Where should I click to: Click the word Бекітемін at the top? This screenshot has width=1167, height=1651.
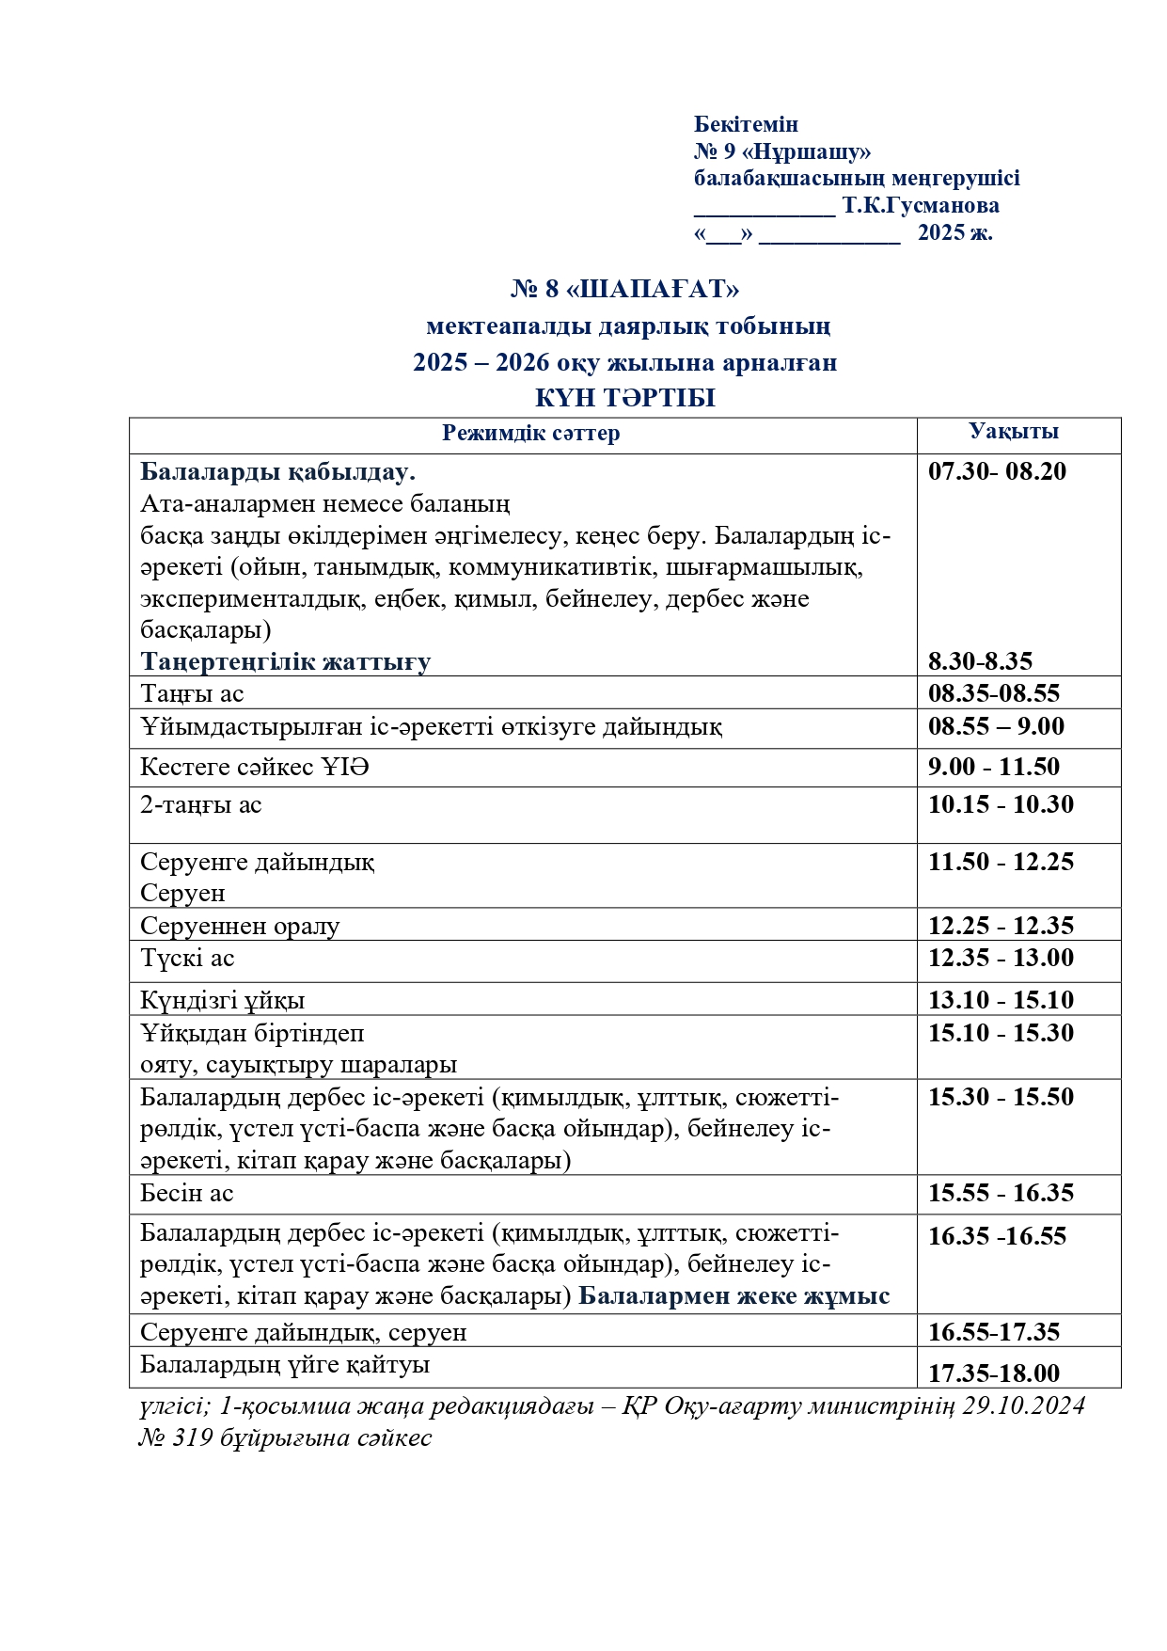[x=746, y=124]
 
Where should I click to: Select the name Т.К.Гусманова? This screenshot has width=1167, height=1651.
[x=921, y=205]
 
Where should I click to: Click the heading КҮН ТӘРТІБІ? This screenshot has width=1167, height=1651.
[x=625, y=398]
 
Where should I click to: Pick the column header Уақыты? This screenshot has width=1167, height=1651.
[x=1014, y=432]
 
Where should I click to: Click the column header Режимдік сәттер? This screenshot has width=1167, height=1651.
[x=530, y=433]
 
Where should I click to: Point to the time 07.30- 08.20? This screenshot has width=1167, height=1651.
[x=997, y=471]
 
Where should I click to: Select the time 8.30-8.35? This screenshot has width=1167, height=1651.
[x=980, y=661]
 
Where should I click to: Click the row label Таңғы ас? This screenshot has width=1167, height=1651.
[x=192, y=694]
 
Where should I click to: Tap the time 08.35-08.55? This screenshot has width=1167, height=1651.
[x=993, y=694]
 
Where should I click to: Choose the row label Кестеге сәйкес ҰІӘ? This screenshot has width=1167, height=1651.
[x=255, y=768]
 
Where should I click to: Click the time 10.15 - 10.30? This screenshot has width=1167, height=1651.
[x=1001, y=805]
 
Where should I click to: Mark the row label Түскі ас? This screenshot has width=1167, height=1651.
[x=187, y=959]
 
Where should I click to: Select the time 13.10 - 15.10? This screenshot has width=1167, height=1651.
[x=1001, y=1000]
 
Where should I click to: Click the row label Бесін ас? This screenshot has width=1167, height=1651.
[x=186, y=1194]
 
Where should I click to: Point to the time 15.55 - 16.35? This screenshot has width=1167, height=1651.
[x=1001, y=1194]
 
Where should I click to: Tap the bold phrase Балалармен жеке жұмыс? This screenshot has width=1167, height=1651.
[x=733, y=1296]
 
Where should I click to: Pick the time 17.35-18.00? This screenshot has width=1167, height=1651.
[x=993, y=1373]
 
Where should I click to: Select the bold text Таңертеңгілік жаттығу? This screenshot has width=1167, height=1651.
[x=286, y=661]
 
